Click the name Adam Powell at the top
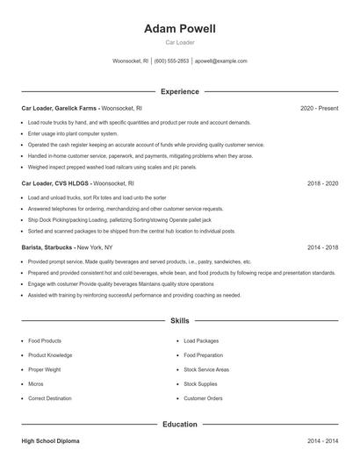[x=180, y=29]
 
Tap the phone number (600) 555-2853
[x=172, y=61]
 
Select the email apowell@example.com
[x=221, y=61]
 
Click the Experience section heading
[x=180, y=91]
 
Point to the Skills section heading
[x=180, y=321]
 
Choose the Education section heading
[x=180, y=425]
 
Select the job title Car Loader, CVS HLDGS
[x=55, y=184]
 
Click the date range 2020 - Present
[x=319, y=108]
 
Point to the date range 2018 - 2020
[x=322, y=184]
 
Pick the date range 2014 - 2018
[x=322, y=248]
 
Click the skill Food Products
[x=45, y=340]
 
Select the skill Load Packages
[x=201, y=340]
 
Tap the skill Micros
[x=35, y=383]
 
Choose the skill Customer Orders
[x=203, y=398]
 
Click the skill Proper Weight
[x=46, y=369]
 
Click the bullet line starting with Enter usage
[x=73, y=133]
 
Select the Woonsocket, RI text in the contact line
[x=132, y=61]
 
